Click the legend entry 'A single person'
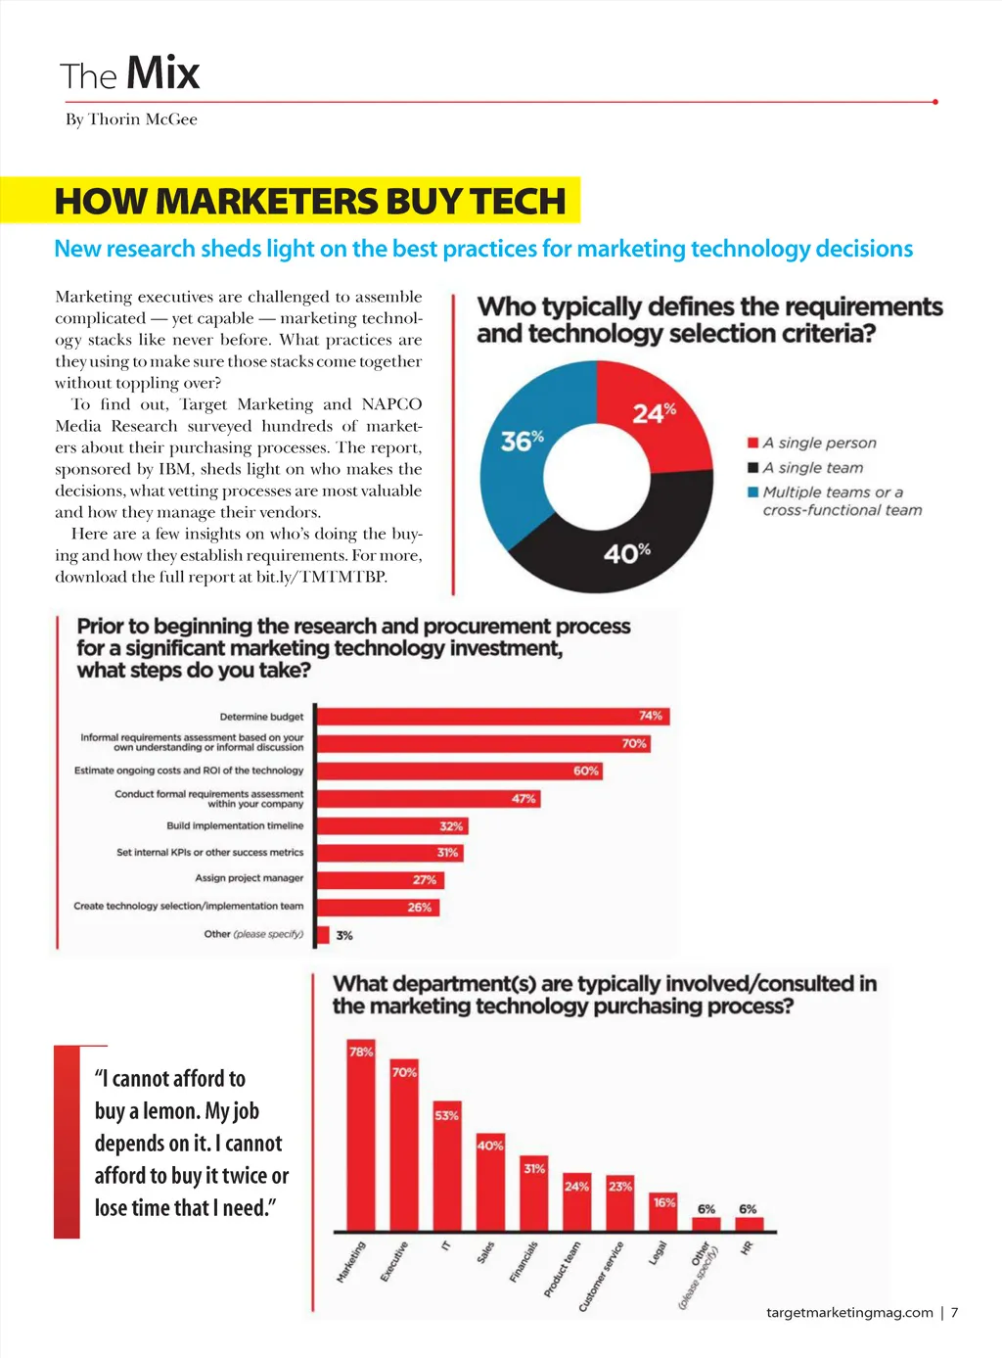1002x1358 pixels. (819, 444)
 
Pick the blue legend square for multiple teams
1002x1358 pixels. (753, 492)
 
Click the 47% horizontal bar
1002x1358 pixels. (428, 799)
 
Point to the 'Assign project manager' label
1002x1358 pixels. (249, 878)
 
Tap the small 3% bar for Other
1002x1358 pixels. (324, 935)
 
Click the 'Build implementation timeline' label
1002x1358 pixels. (235, 826)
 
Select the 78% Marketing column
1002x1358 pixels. (361, 1136)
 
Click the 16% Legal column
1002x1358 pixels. (664, 1212)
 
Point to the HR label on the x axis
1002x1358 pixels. (748, 1248)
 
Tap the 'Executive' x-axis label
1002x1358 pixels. (393, 1261)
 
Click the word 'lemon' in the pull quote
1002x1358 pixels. (170, 1111)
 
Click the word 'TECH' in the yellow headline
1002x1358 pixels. (518, 202)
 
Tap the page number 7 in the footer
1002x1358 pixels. (955, 1313)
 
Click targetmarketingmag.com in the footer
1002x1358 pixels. (849, 1313)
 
